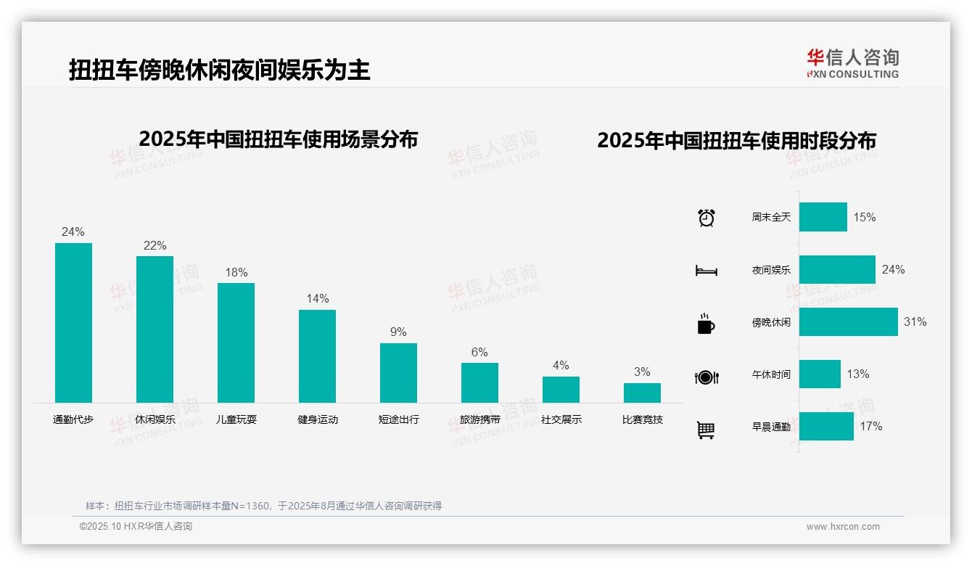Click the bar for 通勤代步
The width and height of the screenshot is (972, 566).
point(73,322)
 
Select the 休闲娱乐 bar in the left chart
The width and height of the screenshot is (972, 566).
point(155,329)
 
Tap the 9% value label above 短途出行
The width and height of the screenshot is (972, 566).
point(398,332)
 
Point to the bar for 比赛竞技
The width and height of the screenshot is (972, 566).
point(642,393)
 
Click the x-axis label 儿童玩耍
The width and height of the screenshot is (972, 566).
point(236,419)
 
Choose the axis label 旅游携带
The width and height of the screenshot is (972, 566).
point(479,419)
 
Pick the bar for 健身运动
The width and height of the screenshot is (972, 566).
point(317,356)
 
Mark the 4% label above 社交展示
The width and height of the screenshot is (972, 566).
point(561,365)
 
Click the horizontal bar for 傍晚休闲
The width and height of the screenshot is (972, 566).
point(848,321)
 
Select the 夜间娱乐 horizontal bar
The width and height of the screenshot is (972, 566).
point(837,269)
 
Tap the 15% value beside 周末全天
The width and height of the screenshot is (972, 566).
point(864,217)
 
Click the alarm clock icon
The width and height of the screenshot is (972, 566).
point(706,218)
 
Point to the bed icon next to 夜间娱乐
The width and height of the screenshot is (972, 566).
point(706,271)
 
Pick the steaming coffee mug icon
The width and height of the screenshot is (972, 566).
point(706,324)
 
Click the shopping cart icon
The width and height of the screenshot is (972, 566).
point(706,430)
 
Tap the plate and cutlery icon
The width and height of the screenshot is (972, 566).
point(706,377)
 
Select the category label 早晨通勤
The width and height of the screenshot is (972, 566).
point(771,427)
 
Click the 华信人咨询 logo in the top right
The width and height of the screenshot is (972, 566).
point(852,63)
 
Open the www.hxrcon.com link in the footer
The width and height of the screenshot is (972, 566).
point(843,527)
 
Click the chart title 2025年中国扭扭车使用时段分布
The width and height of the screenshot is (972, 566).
point(736,140)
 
